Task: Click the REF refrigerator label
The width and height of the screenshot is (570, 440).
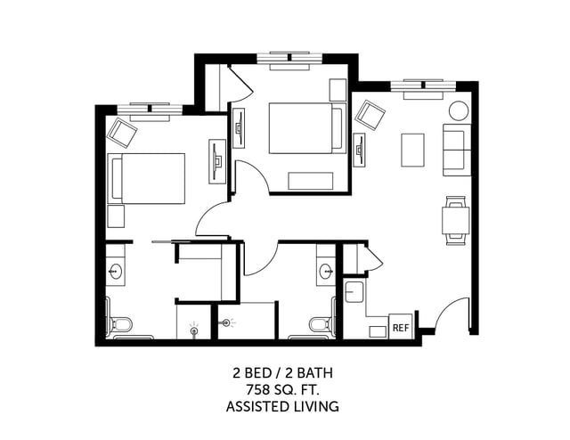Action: click(401, 328)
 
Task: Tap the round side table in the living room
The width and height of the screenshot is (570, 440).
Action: click(458, 111)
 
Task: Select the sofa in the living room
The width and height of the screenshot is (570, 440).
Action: click(457, 150)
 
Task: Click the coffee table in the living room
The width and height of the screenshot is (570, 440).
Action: click(412, 150)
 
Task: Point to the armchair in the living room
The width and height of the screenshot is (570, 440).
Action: click(370, 116)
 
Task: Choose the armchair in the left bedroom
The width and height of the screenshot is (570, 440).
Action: click(122, 134)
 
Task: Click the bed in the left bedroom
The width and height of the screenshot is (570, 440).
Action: click(146, 178)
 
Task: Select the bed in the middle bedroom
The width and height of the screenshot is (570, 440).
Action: click(306, 128)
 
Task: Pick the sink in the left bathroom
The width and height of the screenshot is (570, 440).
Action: click(116, 270)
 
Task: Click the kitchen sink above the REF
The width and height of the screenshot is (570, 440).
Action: click(354, 291)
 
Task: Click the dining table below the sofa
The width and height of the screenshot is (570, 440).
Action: click(456, 218)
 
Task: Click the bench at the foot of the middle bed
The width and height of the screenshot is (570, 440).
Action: click(311, 180)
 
